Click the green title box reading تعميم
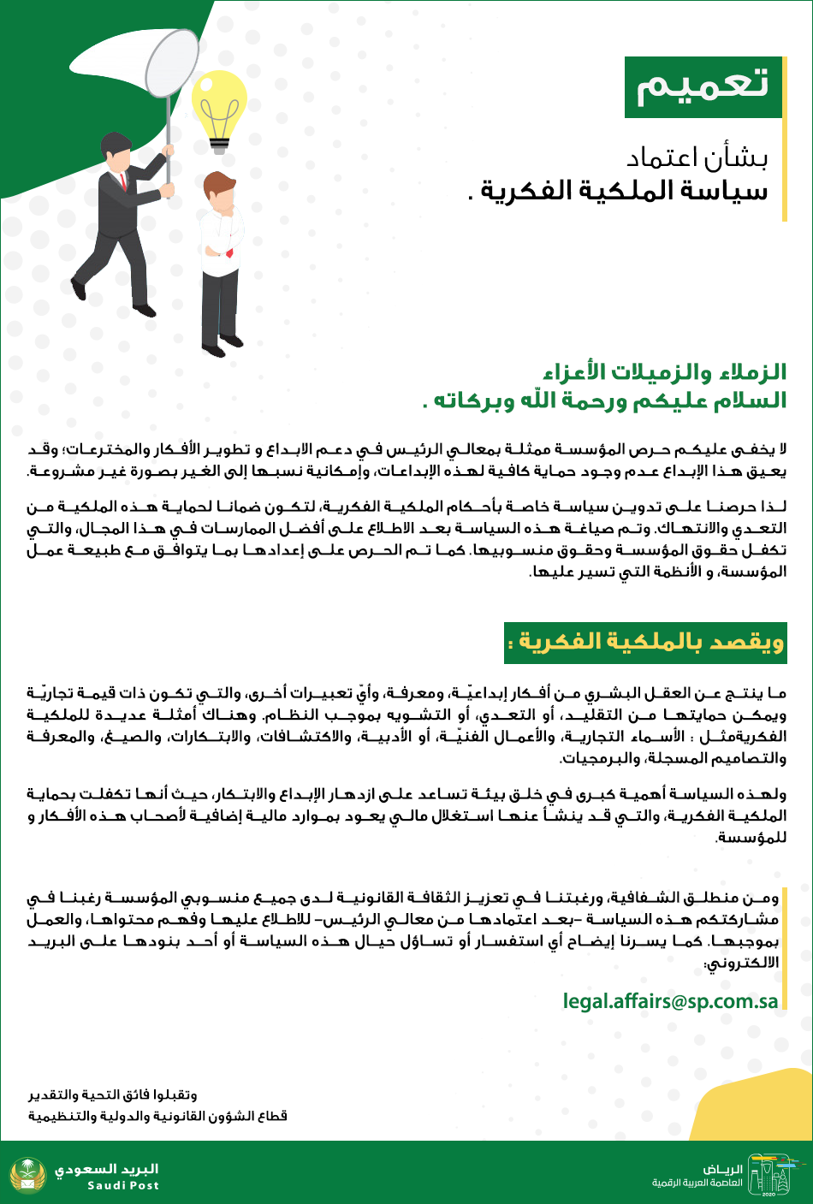703,87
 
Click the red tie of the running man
124,181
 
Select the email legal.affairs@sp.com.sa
670,1001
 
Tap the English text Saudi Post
123,1186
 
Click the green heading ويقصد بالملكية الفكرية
645,643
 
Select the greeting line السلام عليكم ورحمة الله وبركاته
604,400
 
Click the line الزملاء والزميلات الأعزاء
664,372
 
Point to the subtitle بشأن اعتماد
697,158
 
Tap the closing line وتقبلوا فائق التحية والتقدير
112,1094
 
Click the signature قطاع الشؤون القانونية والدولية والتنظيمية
157,1116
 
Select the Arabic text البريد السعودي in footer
107,1169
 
